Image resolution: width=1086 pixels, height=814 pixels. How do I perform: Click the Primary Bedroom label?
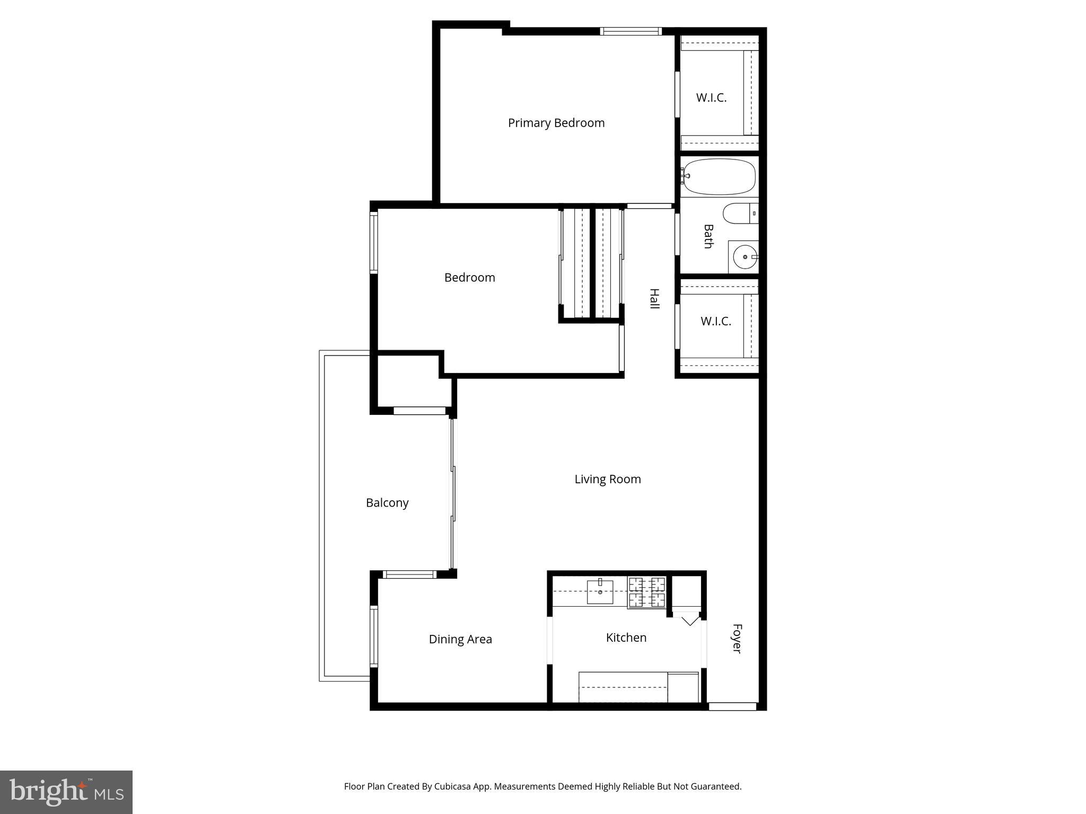(556, 123)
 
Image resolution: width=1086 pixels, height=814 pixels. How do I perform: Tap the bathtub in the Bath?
(720, 176)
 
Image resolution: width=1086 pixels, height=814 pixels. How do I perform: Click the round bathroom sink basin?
(745, 258)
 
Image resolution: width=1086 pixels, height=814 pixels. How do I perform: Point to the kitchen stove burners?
(646, 592)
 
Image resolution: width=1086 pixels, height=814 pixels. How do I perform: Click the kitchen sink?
(600, 592)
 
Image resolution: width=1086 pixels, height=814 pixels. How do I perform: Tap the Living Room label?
(608, 479)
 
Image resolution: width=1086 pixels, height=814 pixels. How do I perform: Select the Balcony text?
(387, 503)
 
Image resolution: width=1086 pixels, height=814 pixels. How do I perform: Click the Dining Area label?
(460, 639)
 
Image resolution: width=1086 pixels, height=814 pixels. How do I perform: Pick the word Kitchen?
(626, 638)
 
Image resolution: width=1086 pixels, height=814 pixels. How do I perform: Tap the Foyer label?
(737, 639)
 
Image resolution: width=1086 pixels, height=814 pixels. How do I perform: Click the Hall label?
(655, 299)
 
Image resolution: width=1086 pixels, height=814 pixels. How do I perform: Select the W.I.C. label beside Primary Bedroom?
(711, 98)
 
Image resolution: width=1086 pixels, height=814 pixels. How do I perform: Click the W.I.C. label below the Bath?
(716, 321)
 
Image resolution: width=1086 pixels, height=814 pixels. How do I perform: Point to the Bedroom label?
(469, 278)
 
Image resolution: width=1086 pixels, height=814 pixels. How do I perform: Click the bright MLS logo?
(66, 792)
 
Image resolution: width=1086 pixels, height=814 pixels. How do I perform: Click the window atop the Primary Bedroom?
(631, 31)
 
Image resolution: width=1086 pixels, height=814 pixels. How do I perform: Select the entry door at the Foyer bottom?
(732, 706)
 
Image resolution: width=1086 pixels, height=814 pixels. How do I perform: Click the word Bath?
(708, 236)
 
